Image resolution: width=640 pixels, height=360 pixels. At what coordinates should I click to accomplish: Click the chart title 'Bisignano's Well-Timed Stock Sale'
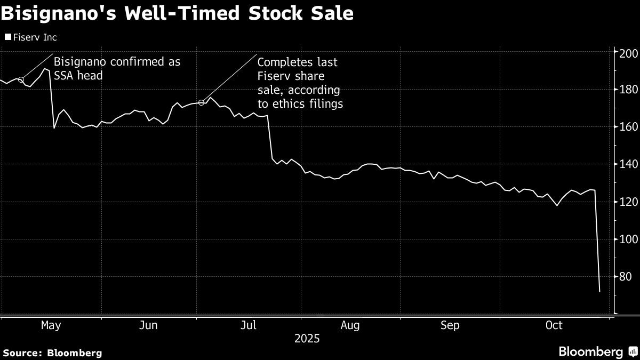coord(177,14)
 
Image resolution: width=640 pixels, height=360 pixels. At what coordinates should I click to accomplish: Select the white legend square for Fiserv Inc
coord(7,37)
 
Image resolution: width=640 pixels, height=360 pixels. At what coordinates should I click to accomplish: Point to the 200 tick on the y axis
coord(626,53)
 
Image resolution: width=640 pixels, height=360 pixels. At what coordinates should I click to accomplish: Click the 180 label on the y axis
coord(626,90)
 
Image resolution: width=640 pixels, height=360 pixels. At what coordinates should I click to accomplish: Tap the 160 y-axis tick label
coord(626,127)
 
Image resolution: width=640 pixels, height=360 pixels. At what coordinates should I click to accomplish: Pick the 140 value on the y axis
coord(626,164)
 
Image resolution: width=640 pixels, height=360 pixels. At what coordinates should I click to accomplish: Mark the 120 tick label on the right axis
coord(626,202)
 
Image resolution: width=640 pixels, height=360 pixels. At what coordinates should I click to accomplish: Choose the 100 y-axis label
coord(626,239)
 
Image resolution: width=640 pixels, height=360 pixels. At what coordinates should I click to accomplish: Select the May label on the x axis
coord(51,325)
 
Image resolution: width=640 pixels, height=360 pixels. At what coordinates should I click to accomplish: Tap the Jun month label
coord(148,325)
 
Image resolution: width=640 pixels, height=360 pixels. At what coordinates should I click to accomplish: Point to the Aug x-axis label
coord(349,325)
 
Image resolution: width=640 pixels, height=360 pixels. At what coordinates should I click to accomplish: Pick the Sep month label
coord(451,325)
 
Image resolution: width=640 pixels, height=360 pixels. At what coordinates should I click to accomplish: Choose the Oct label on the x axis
coord(554,325)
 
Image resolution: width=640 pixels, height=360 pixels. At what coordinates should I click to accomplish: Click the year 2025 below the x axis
coord(307,339)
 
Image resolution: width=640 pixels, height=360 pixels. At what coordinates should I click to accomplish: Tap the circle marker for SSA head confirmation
coord(21,80)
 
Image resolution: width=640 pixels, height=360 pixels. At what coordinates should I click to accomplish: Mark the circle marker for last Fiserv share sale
coord(202,102)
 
